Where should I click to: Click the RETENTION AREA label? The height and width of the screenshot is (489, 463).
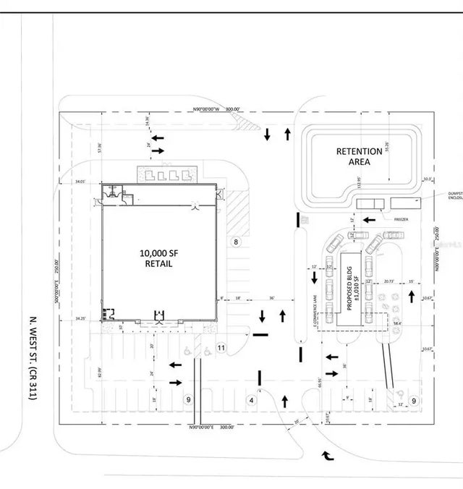point(359,156)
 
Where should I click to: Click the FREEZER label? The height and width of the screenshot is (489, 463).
point(402,219)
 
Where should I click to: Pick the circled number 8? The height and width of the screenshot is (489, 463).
point(235,242)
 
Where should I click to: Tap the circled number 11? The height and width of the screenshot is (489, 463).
point(221,348)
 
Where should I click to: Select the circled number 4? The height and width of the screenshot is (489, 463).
point(252,399)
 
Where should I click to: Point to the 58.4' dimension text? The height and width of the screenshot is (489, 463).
point(396,323)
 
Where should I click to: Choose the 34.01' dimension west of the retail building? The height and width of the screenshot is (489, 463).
point(80,182)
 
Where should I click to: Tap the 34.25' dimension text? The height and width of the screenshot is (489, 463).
point(79,318)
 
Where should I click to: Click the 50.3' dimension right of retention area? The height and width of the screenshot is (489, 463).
point(427,179)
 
